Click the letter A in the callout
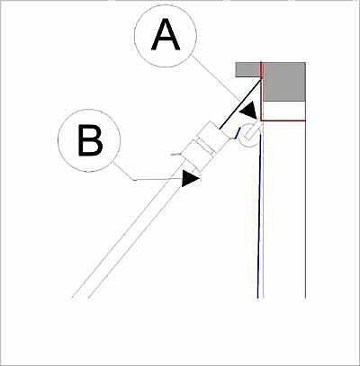pyautogui.click(x=166, y=35)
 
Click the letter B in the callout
pyautogui.click(x=90, y=140)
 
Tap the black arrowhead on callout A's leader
pyautogui.click(x=248, y=111)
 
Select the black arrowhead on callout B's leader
pyautogui.click(x=191, y=179)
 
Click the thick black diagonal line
pyautogui.click(x=240, y=103)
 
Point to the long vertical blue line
pyautogui.click(x=259, y=216)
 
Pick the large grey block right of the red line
pyautogui.click(x=284, y=82)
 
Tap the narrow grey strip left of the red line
pyautogui.click(x=247, y=69)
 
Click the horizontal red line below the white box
pyautogui.click(x=283, y=121)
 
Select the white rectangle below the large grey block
pyautogui.click(x=284, y=111)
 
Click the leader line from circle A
pyautogui.click(x=216, y=78)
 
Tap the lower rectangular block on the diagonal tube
pyautogui.click(x=199, y=156)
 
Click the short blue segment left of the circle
pyautogui.click(x=238, y=133)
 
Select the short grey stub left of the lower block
pyautogui.click(x=176, y=154)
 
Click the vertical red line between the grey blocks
pyautogui.click(x=261, y=91)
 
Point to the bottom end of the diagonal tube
pyautogui.click(x=80, y=298)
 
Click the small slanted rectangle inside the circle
pyautogui.click(x=251, y=133)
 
